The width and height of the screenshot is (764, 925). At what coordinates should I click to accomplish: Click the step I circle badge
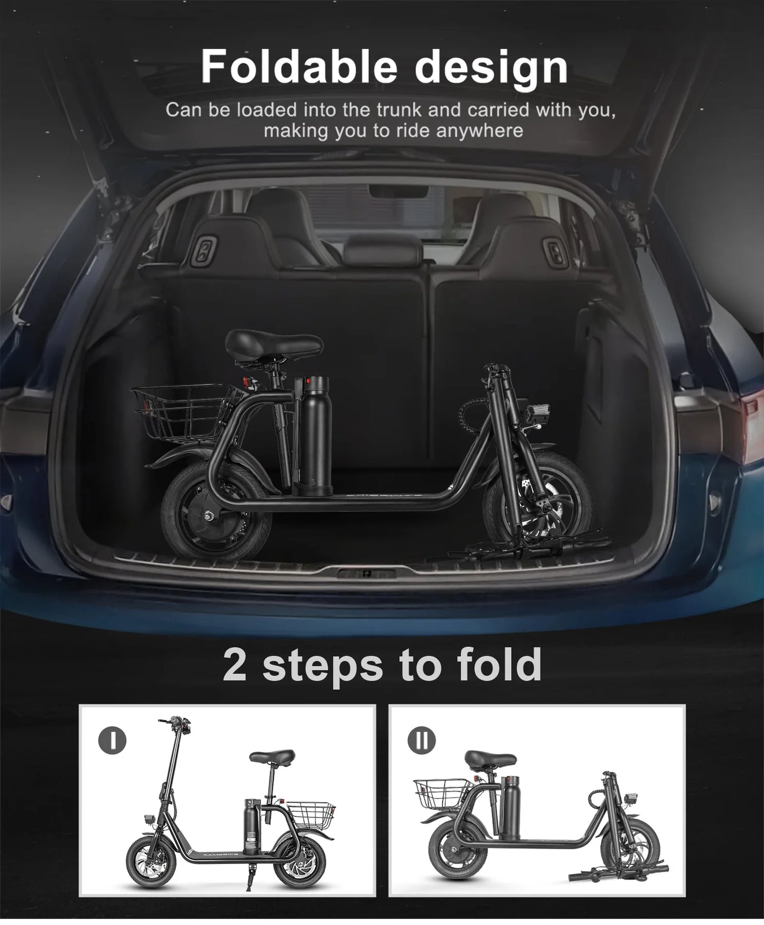point(112,739)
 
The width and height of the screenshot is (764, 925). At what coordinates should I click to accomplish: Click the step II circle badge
point(421,739)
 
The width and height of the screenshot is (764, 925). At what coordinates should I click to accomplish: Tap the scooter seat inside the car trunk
point(273,344)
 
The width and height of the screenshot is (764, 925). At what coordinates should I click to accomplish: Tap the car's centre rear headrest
point(382,250)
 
